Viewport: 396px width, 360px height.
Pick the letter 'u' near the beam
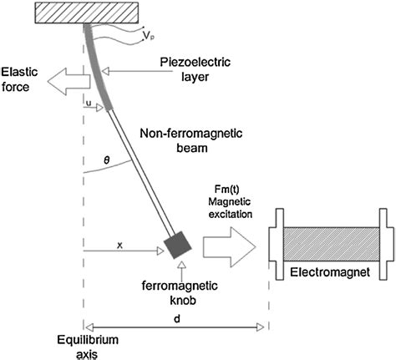point(89,103)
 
